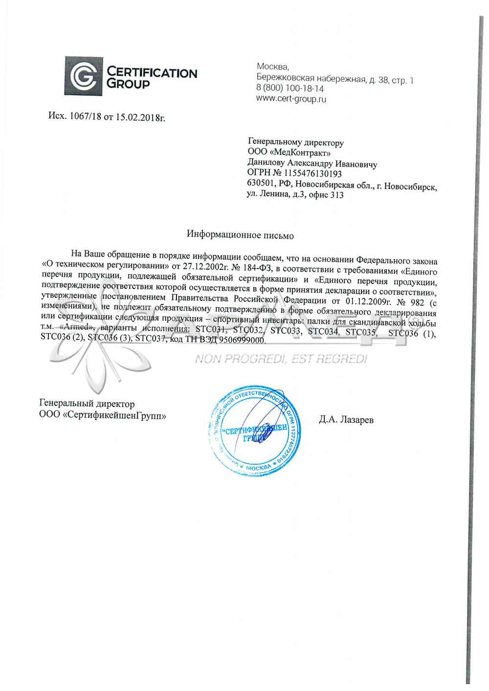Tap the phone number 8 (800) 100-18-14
coord(290,88)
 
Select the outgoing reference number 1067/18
coord(84,117)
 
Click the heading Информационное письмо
coord(240,235)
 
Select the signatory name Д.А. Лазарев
coord(346,419)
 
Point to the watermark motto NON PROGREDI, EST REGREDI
coord(281,360)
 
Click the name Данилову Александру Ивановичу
coord(312,164)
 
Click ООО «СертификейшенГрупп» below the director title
coord(102,415)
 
